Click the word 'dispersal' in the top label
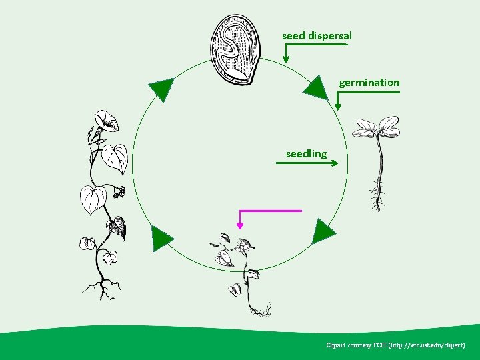coord(330,35)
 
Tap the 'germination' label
coord(369,83)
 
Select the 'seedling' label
coord(306,154)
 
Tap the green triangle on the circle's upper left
coord(161,89)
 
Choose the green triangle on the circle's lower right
coord(324,231)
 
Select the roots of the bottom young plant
coord(259,309)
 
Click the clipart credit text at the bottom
coord(400,345)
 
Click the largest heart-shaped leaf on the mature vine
coord(93,199)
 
